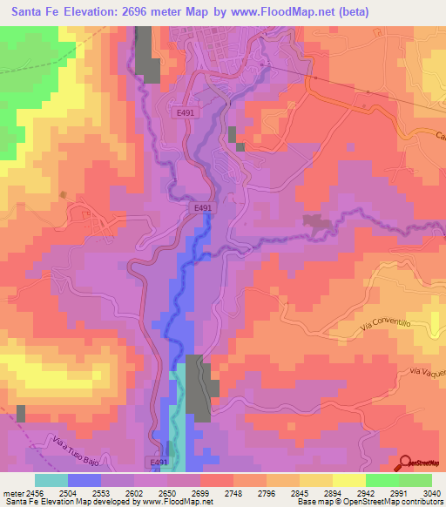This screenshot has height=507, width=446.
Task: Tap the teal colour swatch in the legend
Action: pyautogui.click(x=51, y=480)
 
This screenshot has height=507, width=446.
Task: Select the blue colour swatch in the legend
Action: pyautogui.click(x=84, y=480)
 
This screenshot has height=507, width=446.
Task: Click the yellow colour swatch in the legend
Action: pyautogui.click(x=348, y=480)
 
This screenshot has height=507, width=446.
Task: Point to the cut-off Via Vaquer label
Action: pyautogui.click(x=425, y=372)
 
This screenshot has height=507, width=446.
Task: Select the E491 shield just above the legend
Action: pyautogui.click(x=156, y=463)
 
